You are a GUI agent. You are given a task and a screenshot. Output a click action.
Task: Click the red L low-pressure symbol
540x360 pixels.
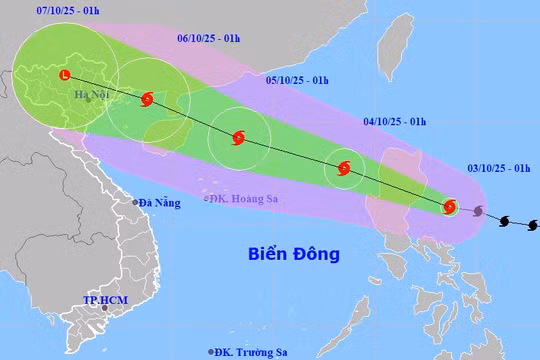pyautogui.click(x=65, y=75)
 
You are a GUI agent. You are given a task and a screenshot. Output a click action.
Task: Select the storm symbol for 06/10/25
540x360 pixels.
pyautogui.click(x=148, y=99)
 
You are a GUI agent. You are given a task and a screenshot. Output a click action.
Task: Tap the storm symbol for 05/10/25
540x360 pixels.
pyautogui.click(x=238, y=139)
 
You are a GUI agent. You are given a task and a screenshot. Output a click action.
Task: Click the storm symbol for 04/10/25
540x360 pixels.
pyautogui.click(x=344, y=169)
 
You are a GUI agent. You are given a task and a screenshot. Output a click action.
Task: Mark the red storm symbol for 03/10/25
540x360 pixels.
pyautogui.click(x=449, y=207)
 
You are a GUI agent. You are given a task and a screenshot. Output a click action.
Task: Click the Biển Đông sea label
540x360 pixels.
pyautogui.click(x=293, y=254)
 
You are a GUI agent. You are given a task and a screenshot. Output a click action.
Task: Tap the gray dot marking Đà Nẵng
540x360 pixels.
pyautogui.click(x=137, y=202)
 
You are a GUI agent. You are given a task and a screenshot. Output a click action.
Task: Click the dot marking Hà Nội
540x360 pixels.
pyautogui.click(x=88, y=99)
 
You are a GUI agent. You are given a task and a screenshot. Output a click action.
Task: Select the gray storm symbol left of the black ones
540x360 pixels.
pyautogui.click(x=479, y=212)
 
